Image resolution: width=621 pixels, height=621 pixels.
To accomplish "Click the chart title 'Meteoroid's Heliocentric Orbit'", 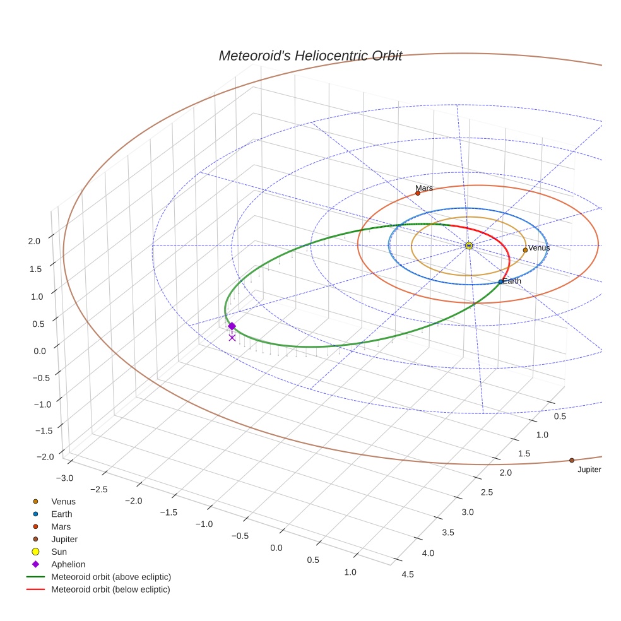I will point(310,56).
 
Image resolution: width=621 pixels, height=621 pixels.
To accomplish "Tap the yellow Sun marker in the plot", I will point(469,245).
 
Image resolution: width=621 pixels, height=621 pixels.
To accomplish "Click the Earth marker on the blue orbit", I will point(500,281).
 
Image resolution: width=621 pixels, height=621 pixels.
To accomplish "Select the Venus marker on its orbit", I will point(525,250).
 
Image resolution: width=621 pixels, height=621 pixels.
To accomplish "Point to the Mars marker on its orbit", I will point(418,193).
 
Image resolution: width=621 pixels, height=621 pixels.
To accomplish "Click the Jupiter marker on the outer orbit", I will point(572,461).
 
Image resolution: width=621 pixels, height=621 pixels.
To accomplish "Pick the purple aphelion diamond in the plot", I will point(232,326).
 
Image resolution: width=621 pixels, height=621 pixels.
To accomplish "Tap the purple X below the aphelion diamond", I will point(232,338).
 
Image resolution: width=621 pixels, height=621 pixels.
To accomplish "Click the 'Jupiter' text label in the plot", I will point(589,470).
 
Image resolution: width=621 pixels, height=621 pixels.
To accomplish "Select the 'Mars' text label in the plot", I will point(424,188).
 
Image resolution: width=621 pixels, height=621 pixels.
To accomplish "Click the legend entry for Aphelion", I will point(68,564).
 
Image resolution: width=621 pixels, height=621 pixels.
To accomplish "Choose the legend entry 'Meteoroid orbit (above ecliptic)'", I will point(111,577).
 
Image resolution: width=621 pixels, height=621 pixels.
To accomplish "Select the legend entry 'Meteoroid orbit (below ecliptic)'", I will point(110,589).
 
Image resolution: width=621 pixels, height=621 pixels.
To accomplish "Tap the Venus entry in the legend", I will point(63,501).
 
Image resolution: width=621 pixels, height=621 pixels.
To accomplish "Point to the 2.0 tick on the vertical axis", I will point(34,240).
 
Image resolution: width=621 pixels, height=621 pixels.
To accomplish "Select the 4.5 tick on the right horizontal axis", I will point(408,574).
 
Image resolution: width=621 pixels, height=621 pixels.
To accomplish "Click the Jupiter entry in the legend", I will point(64,539).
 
